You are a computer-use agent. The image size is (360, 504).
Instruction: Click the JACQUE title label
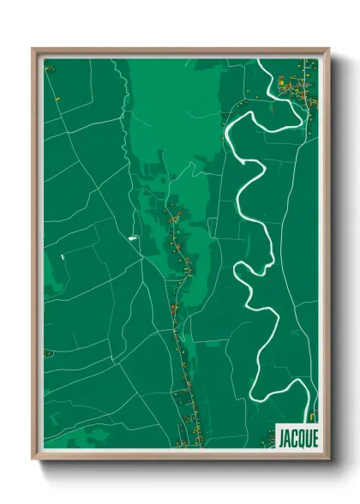[297, 436]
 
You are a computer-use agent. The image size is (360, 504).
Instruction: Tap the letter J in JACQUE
[282, 436]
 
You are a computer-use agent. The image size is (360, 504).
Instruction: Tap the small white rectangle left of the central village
[133, 237]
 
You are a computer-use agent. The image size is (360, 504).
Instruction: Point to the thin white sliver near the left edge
[63, 255]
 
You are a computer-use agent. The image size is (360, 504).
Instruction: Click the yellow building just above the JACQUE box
[312, 417]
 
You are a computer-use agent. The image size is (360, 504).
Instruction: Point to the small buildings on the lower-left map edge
[48, 353]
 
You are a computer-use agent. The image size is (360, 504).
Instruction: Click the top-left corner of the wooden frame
[33, 50]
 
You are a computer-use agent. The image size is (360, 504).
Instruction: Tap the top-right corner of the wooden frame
[328, 50]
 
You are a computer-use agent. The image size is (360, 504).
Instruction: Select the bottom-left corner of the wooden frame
[33, 459]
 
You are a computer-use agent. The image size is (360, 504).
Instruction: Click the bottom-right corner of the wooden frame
[328, 459]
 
